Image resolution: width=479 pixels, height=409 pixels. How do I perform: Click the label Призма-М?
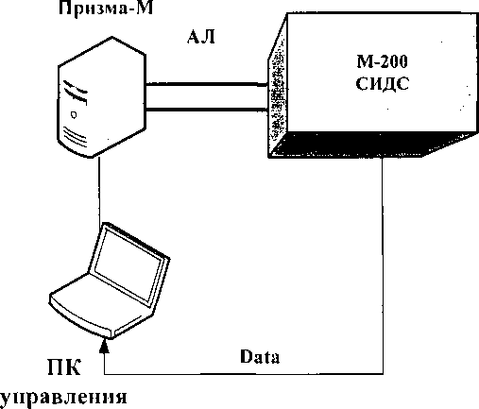coord(106,8)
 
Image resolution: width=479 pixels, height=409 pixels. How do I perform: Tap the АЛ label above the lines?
coord(201,37)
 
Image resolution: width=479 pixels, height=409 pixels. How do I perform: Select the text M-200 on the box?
coord(382,61)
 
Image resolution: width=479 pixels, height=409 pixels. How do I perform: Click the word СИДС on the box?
coord(383,84)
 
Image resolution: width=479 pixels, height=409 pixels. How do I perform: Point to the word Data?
coord(260,357)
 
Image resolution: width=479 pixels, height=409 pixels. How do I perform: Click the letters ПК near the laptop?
coord(64,367)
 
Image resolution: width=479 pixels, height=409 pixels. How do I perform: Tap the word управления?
coord(63,398)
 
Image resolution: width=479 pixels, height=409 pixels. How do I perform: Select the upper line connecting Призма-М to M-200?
coord(207,84)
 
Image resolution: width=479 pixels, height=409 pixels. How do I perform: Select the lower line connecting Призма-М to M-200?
coord(207,110)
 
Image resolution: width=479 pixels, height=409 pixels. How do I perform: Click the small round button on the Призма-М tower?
coord(74,115)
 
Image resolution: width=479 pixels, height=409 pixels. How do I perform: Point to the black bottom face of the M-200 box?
coord(371,145)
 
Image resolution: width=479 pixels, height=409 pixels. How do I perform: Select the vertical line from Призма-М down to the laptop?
coord(99,190)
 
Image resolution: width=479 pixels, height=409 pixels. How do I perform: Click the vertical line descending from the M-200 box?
coord(383,265)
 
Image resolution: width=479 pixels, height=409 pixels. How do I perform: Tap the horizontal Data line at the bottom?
coord(244,374)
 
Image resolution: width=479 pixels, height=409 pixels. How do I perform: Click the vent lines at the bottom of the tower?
coord(75,135)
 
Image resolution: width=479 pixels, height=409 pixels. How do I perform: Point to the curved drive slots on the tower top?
coord(76,92)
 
